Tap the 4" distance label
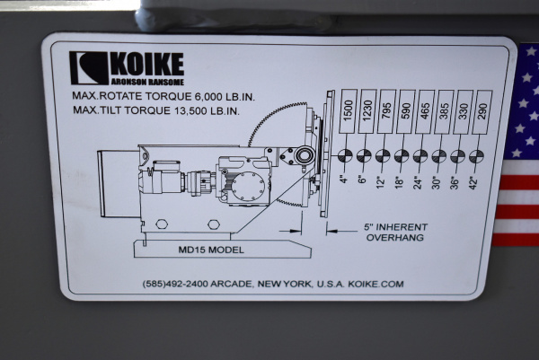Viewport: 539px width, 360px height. pyautogui.click(x=344, y=180)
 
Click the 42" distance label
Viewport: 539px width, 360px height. pyautogui.click(x=477, y=180)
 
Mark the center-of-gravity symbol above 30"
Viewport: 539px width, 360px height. pyautogui.click(x=440, y=156)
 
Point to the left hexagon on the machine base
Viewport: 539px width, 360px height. pyautogui.click(x=163, y=224)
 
